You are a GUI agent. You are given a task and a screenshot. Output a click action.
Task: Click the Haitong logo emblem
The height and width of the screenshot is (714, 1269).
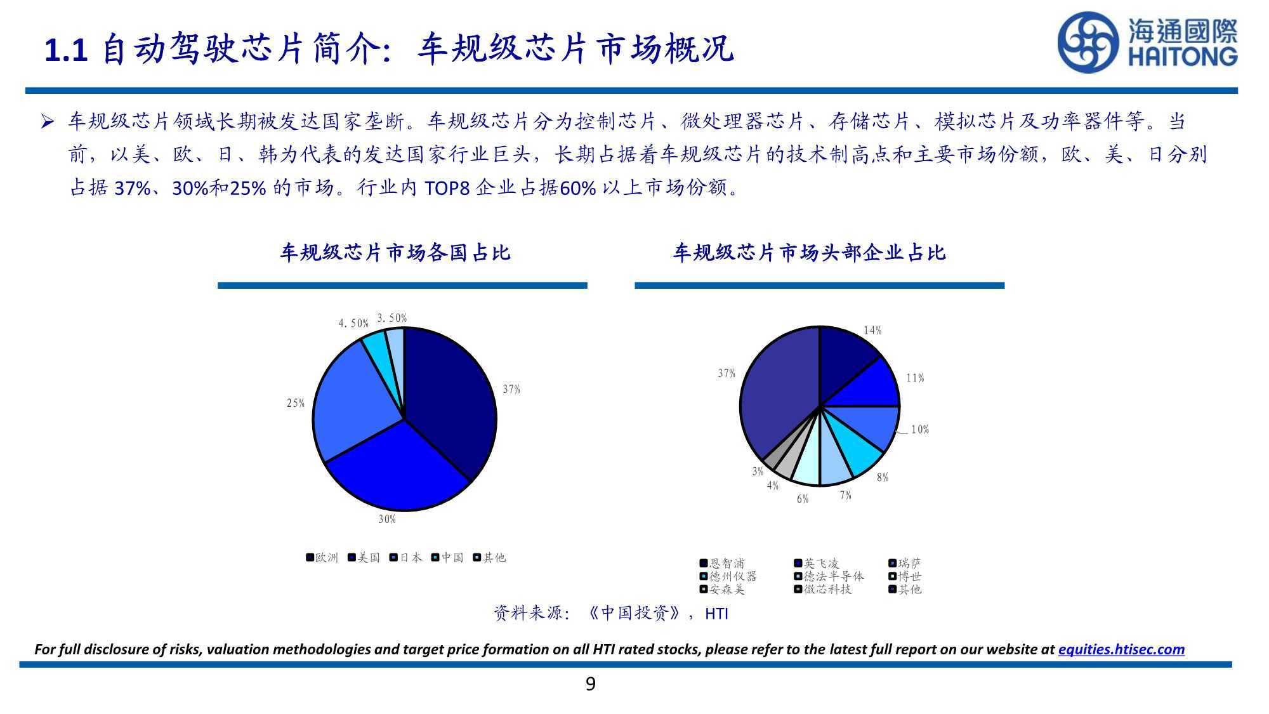pyautogui.click(x=1088, y=43)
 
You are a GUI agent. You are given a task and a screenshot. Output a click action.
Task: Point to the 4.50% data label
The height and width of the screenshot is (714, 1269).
pyautogui.click(x=353, y=324)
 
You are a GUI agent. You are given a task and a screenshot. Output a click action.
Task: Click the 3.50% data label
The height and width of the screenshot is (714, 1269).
pyautogui.click(x=392, y=318)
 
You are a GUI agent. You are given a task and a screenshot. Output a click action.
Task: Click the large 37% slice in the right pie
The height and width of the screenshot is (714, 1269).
pyautogui.click(x=777, y=393)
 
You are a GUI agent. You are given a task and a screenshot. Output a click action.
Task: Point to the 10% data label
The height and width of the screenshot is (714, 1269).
pyautogui.click(x=920, y=430)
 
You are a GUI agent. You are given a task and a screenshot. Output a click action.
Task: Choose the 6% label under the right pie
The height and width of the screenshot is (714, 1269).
pyautogui.click(x=803, y=499)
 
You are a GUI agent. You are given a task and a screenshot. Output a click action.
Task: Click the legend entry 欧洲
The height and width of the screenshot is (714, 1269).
pyautogui.click(x=322, y=558)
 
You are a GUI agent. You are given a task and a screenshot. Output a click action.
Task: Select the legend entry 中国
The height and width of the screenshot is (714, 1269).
pyautogui.click(x=447, y=558)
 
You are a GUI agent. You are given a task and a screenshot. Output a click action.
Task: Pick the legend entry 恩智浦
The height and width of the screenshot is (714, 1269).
pyautogui.click(x=722, y=564)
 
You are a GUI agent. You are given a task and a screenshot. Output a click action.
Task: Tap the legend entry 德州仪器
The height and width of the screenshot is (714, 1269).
pyautogui.click(x=728, y=576)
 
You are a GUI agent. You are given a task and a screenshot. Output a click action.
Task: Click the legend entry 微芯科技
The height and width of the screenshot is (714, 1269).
pyautogui.click(x=823, y=590)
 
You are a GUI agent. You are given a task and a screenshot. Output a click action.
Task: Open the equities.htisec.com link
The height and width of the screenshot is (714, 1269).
pyautogui.click(x=1121, y=649)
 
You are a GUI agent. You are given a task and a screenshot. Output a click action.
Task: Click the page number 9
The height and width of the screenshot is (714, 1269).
pyautogui.click(x=591, y=684)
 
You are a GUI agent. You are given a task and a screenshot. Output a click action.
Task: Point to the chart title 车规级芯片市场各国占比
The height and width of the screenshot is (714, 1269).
pyautogui.click(x=395, y=253)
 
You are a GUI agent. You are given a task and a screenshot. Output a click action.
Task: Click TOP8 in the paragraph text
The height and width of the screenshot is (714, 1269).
pyautogui.click(x=447, y=188)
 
